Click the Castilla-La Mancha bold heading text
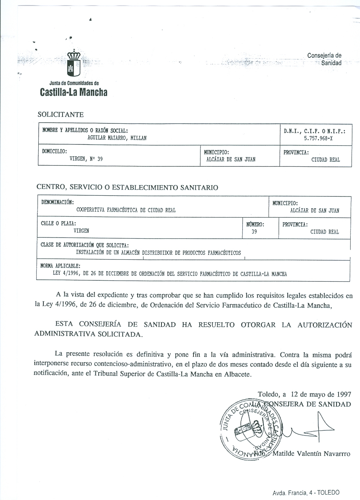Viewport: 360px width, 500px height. pos(73,93)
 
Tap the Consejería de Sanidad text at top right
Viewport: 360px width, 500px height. pos(324,59)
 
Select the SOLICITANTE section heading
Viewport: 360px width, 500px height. pos(61,114)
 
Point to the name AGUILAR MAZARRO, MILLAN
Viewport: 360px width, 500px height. pos(117,137)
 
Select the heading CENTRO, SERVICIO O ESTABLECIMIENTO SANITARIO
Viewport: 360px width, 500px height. pos(127,187)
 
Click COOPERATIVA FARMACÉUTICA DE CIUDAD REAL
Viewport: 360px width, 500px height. pos(126,210)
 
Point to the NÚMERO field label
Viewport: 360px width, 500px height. pos(255,225)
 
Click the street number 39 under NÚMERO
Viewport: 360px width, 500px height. pos(255,232)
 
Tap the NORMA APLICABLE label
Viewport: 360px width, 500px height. pos(61,266)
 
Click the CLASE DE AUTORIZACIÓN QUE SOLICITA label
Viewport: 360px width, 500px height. pos(84,245)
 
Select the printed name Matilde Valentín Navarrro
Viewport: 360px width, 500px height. pos(311,454)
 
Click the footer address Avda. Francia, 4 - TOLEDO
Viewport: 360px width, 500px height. pos(306,493)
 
